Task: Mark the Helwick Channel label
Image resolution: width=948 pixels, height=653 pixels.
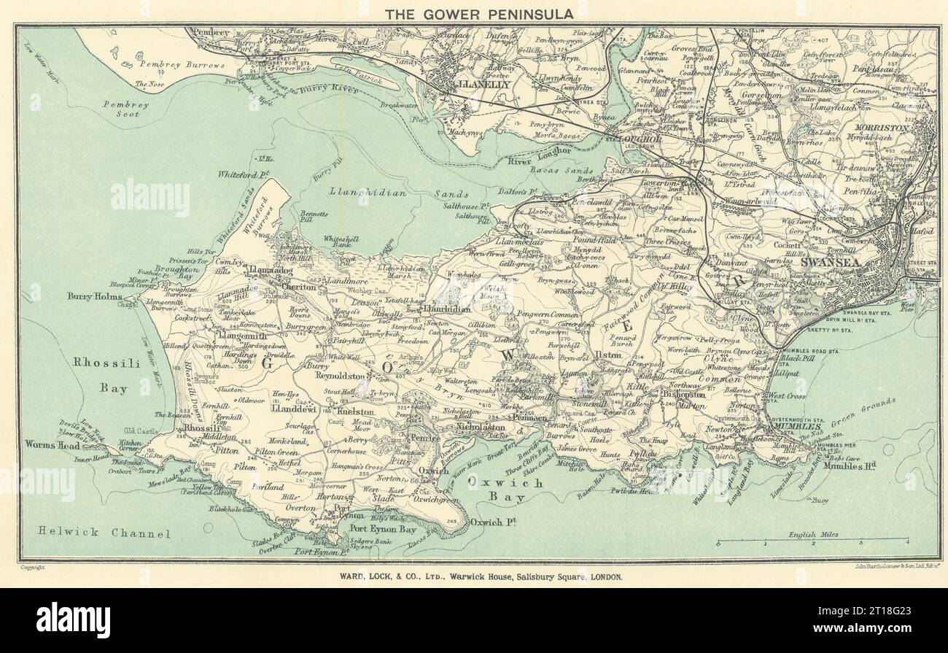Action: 95,533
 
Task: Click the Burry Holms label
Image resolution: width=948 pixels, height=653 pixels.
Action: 96,296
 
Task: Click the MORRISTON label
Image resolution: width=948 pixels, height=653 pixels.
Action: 902,127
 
